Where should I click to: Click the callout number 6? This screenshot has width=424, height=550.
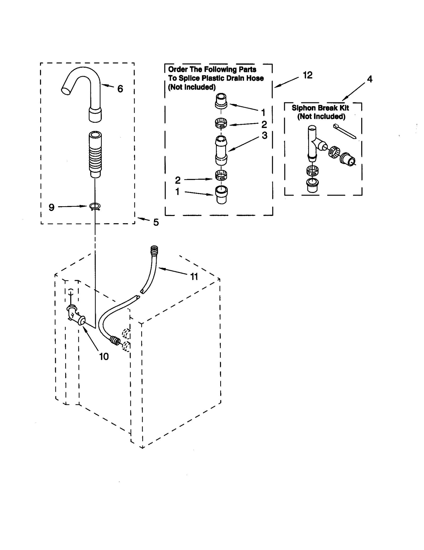120,89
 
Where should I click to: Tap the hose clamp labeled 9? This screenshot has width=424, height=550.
95,206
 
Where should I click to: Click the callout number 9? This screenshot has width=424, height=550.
51,207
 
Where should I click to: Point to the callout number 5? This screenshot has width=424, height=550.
156,222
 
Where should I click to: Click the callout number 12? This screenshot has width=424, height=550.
307,75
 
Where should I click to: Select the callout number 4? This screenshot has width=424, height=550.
369,79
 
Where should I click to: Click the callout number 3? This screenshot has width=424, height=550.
264,135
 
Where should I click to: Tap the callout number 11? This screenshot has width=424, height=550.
194,277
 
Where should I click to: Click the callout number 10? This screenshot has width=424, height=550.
104,357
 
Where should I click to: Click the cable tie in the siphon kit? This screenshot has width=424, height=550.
344,131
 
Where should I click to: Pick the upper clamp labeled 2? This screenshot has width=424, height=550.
221,123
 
